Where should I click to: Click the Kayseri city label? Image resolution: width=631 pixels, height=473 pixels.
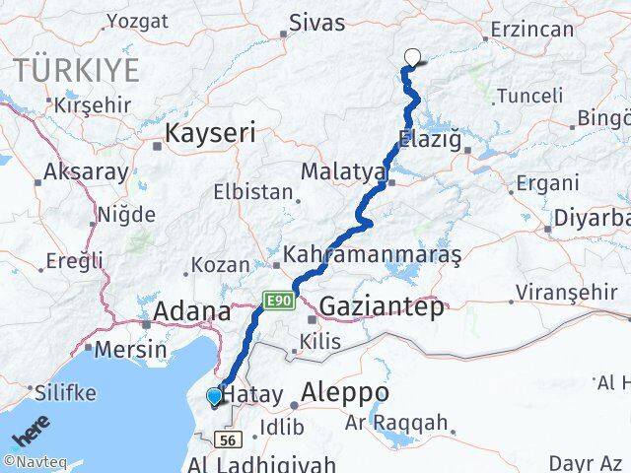point(211,132)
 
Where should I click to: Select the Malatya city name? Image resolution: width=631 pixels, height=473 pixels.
point(343,171)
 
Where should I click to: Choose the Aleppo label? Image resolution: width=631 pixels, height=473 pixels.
point(345,393)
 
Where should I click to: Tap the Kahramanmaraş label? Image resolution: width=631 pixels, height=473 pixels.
point(372,254)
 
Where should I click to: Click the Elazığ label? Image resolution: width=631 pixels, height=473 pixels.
point(430,139)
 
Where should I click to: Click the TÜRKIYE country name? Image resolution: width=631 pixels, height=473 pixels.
point(76,69)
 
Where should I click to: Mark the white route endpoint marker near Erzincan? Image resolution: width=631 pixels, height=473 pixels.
point(412,57)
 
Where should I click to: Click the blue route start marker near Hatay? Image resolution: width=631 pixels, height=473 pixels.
point(214,397)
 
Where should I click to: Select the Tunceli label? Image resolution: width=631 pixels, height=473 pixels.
point(529,96)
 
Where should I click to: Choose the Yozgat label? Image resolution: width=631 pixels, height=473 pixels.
point(137,20)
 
